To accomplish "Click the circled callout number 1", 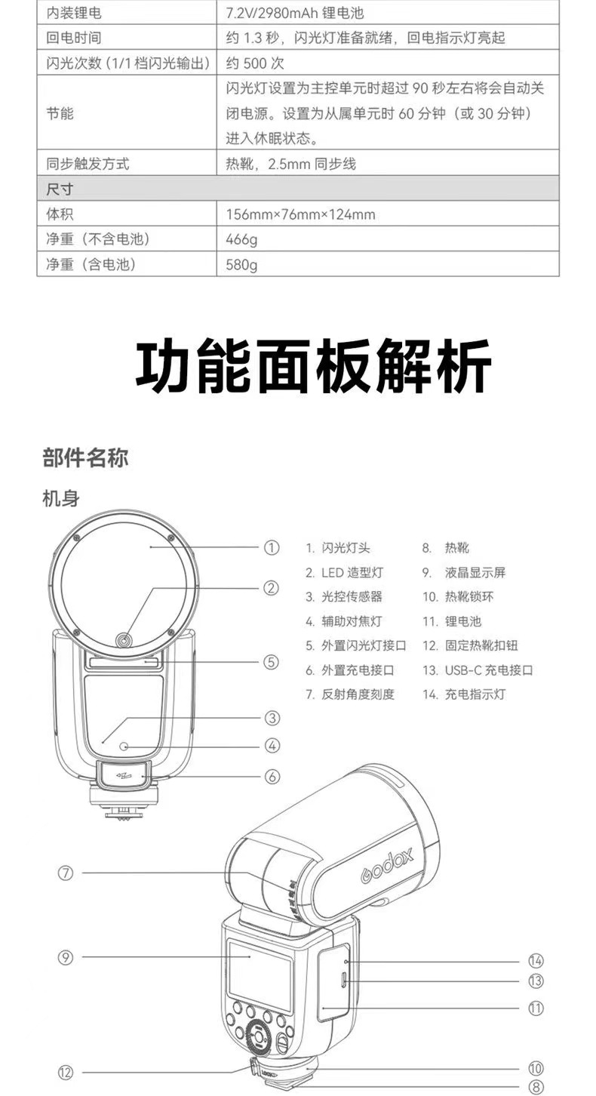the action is (272, 548).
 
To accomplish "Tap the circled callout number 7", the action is (66, 873).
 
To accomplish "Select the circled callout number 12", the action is (66, 1072).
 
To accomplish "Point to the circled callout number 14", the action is (536, 961).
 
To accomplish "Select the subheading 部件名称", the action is (85, 458).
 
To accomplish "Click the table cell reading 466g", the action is (241, 240).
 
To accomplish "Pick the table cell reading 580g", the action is (241, 265).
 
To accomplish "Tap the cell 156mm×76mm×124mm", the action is (300, 215).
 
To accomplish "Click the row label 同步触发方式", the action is (88, 164).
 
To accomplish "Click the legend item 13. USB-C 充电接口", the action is (478, 670).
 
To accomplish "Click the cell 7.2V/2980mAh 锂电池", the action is (300, 12).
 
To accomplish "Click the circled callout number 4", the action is (272, 746).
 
